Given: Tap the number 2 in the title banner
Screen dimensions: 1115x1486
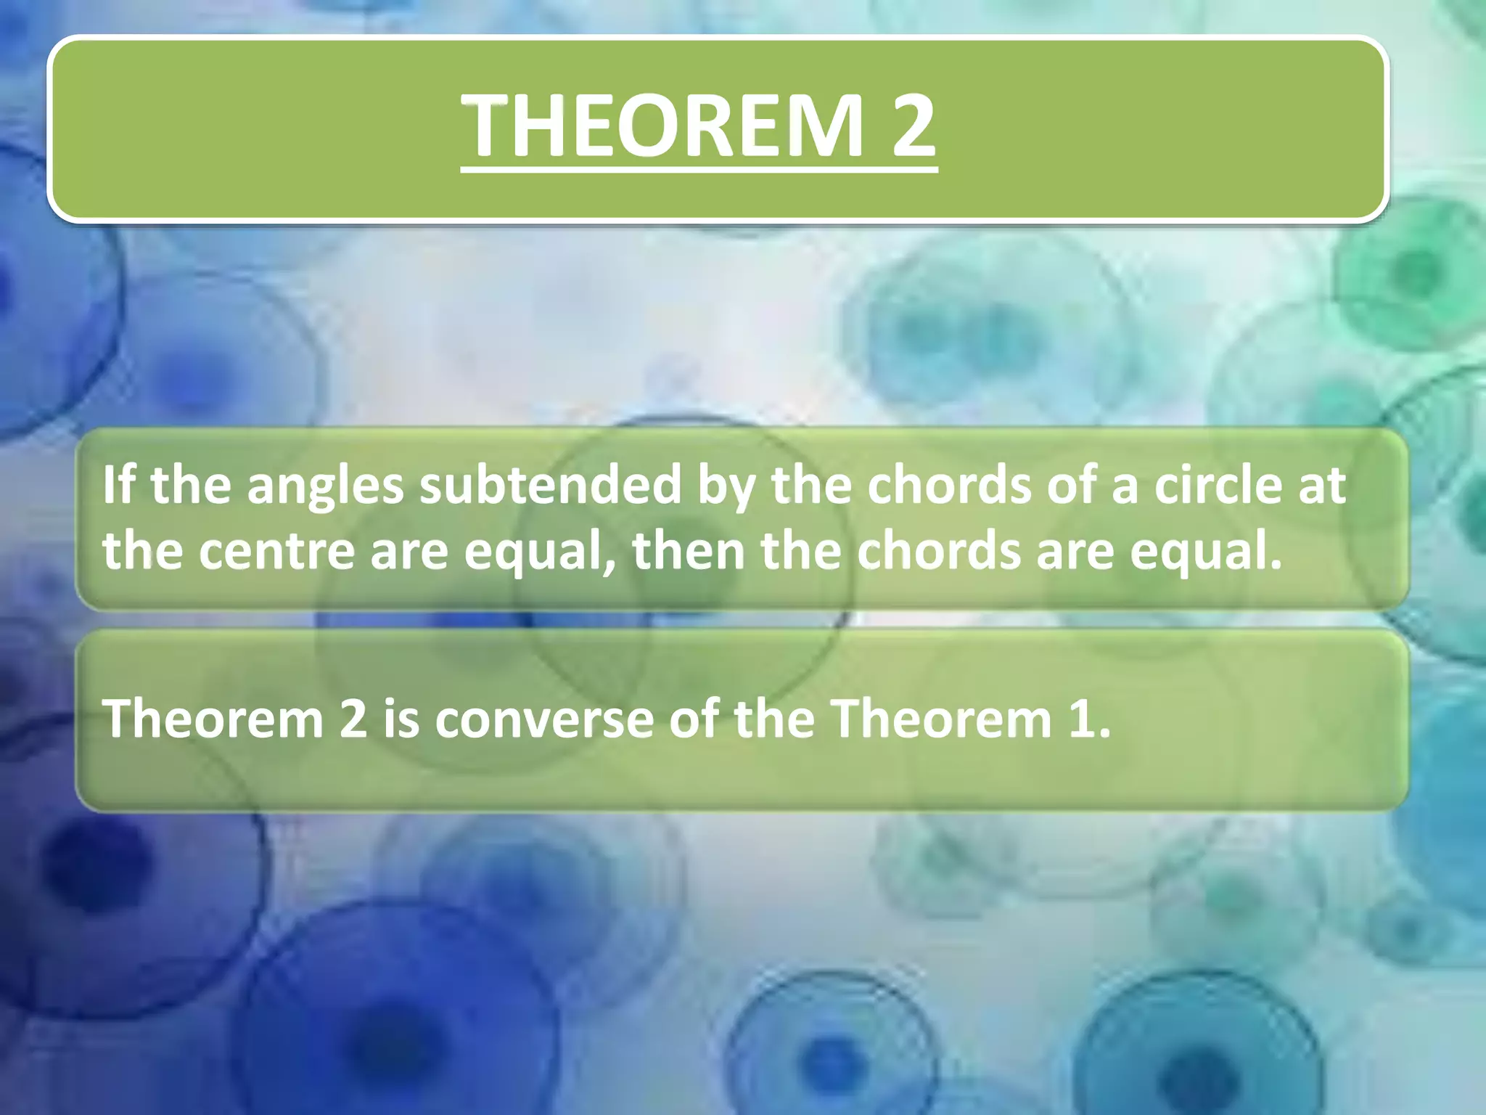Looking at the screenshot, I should (913, 126).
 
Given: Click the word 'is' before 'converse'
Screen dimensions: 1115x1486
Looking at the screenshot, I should (401, 719).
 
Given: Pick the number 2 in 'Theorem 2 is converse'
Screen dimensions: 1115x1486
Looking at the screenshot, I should (353, 719).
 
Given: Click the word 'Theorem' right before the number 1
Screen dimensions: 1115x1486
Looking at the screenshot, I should (940, 719).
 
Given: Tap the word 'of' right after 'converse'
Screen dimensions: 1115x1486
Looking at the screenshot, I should (694, 719).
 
